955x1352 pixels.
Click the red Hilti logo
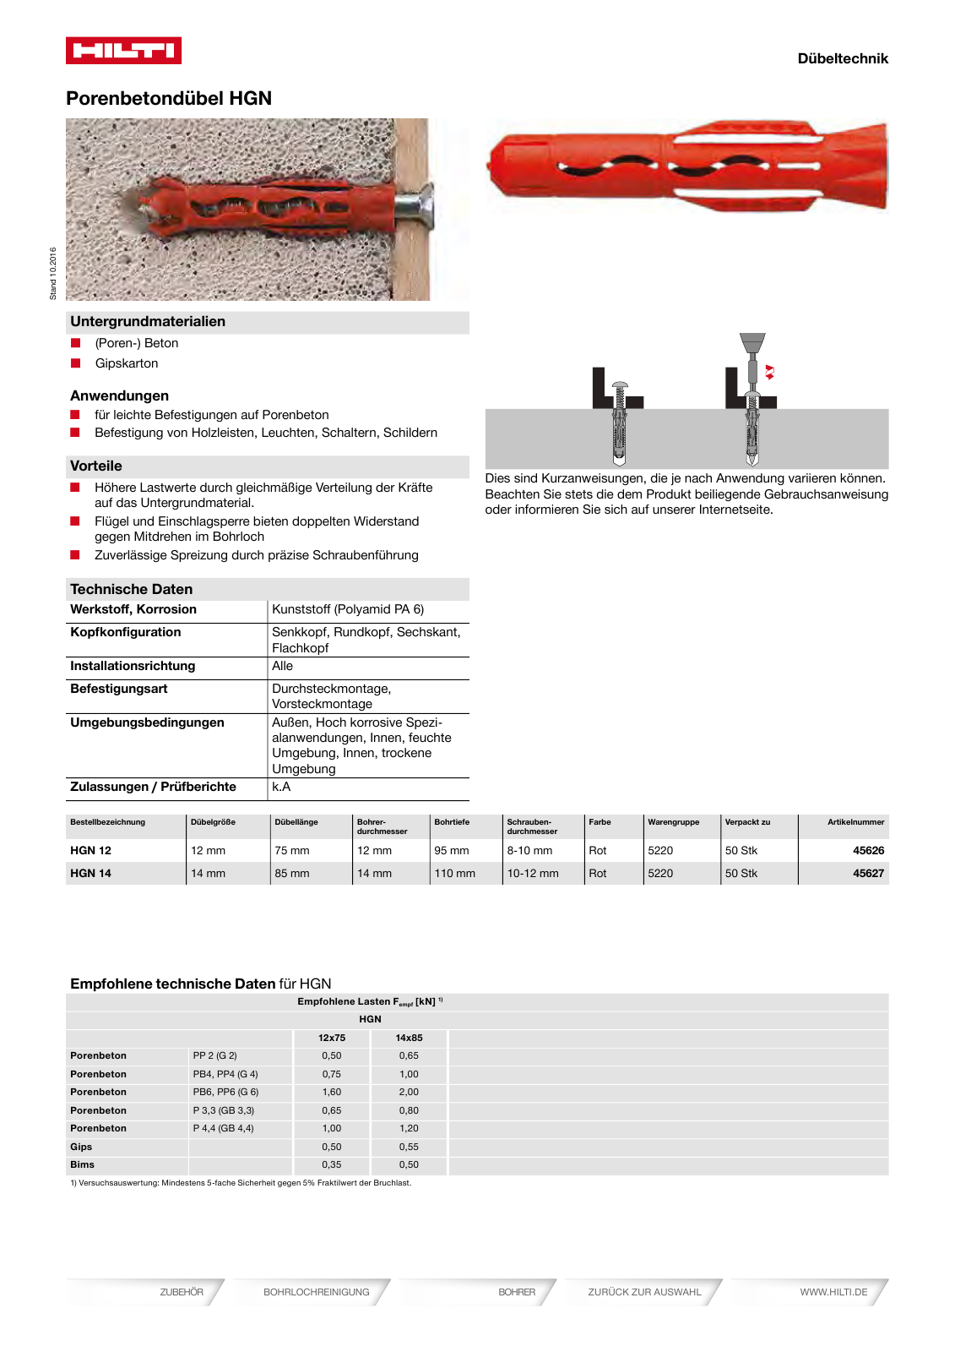coord(123,51)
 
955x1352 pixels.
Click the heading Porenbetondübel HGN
coord(169,98)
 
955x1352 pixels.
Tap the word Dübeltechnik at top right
coord(842,58)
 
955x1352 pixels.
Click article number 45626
coord(868,850)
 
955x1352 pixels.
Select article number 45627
coord(868,873)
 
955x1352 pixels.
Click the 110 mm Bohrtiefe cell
coord(454,873)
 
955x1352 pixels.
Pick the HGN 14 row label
coord(91,873)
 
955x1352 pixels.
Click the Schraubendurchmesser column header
coord(532,826)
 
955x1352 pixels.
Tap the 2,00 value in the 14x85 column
coord(409,1092)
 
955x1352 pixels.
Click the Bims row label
coord(83,1164)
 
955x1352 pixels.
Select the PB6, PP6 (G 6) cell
coord(225,1092)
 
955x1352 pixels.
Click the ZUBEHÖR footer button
coord(182,1292)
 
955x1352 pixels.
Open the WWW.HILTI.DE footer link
coord(833,1292)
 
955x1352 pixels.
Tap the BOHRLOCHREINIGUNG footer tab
coord(316,1292)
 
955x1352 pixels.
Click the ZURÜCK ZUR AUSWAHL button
coord(644,1292)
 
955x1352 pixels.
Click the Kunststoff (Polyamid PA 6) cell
coord(348,609)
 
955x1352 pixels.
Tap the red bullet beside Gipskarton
coord(76,363)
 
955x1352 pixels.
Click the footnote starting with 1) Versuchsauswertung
coord(241,1183)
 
